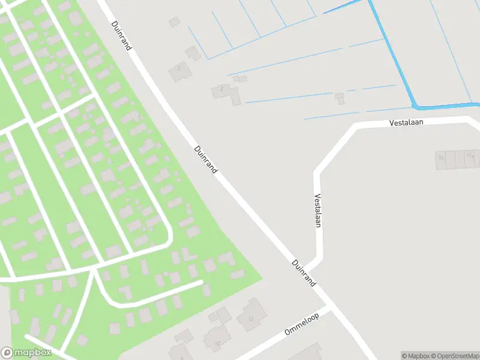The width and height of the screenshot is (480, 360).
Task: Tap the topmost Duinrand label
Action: pyautogui.click(x=121, y=35)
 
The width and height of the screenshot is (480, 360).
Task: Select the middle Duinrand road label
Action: pyautogui.click(x=206, y=160)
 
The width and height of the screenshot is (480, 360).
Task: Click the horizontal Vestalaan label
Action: pyautogui.click(x=407, y=122)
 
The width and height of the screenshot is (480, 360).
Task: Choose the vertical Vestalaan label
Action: pyautogui.click(x=318, y=211)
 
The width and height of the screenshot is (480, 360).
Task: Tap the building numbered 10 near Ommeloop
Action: pyautogui.click(x=214, y=341)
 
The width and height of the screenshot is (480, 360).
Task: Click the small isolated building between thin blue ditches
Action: pyautogui.click(x=340, y=98)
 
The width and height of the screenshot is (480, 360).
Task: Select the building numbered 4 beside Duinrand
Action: pyautogui.click(x=179, y=73)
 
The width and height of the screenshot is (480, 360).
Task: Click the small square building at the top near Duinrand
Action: pyautogui.click(x=174, y=22)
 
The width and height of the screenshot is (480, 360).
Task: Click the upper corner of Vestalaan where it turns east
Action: pyautogui.click(x=355, y=127)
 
